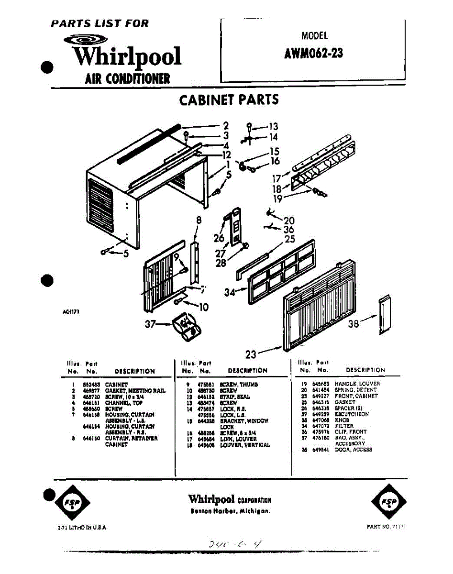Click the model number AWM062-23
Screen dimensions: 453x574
click(313, 52)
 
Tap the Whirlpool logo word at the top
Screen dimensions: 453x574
click(126, 57)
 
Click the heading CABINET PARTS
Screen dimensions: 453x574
click(229, 100)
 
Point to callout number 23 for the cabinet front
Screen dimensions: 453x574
click(251, 354)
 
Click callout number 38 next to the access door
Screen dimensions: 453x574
click(354, 324)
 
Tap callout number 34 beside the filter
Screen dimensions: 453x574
click(230, 292)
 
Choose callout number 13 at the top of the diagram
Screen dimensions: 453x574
click(273, 127)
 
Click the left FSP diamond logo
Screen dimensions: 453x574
click(70, 502)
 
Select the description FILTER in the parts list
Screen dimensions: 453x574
click(344, 426)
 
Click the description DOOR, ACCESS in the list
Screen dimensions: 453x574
click(353, 450)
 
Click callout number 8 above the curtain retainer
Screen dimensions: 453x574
click(198, 221)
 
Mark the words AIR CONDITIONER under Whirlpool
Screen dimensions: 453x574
click(127, 78)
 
